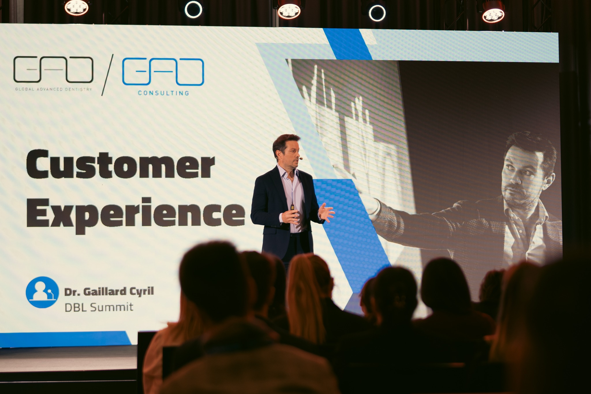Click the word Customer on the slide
(121, 164)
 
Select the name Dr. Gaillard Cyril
(109, 292)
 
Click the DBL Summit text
(99, 307)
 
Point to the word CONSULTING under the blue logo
(164, 93)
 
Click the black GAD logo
(53, 69)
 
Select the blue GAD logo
(163, 72)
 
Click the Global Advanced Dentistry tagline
(54, 89)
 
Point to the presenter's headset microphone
(301, 158)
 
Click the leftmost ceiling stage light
(76, 7)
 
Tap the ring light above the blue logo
(193, 9)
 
